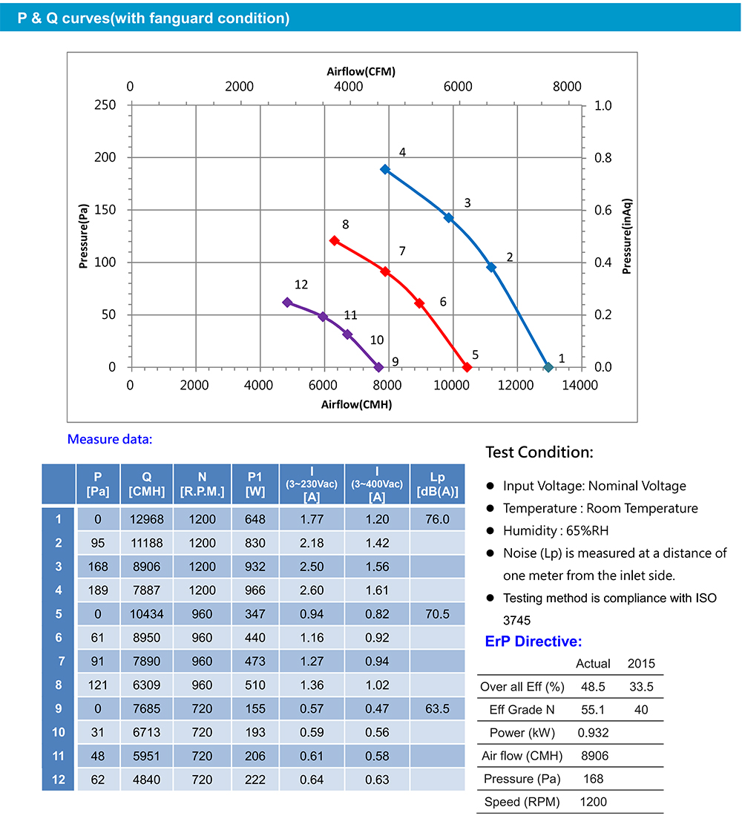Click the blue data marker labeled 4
385,169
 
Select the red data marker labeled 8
335,241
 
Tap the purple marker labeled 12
287,302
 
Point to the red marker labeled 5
467,367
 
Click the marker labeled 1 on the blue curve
548,367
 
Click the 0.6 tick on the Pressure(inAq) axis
603,210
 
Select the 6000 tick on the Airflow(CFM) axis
458,87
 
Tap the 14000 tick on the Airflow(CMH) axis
580,385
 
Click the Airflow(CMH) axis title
356,405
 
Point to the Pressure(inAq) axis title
627,236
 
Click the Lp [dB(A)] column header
437,484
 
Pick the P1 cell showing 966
255,590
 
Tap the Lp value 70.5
437,614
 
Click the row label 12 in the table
59,779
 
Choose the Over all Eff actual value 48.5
593,687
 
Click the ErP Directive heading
533,642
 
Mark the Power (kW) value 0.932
593,733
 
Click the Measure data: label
109,439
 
